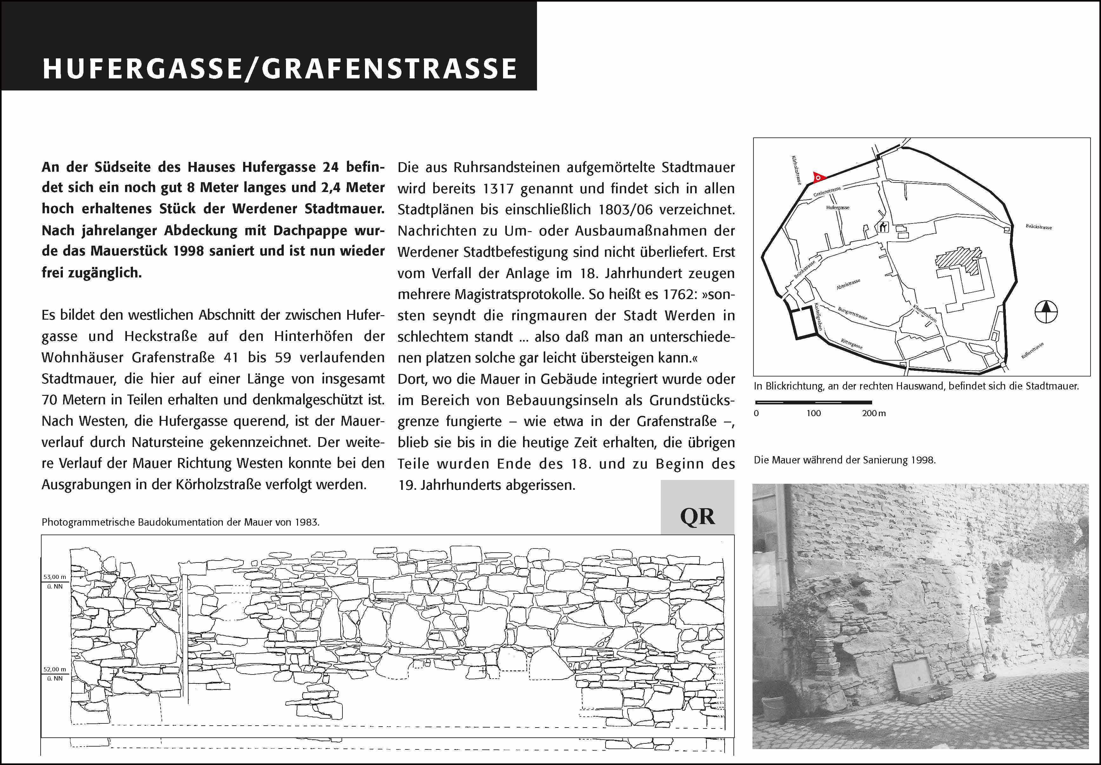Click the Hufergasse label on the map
838,208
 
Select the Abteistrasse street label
848,284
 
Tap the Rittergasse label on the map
852,343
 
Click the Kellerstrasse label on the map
1032,350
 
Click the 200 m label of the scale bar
873,413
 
